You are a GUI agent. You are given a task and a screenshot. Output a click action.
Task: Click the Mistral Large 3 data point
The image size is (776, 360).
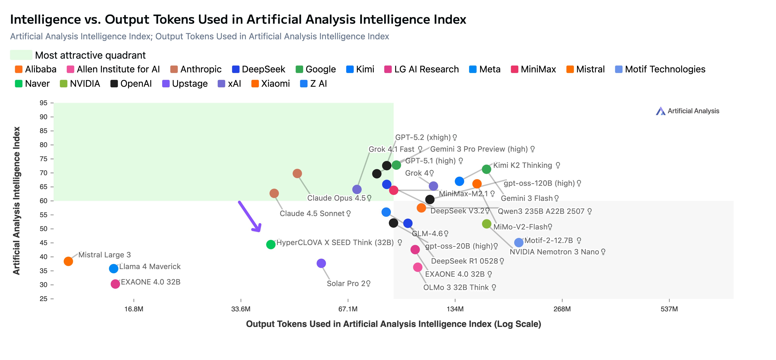[x=68, y=261]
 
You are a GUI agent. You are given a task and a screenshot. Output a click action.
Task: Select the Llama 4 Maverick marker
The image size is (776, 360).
[x=113, y=268]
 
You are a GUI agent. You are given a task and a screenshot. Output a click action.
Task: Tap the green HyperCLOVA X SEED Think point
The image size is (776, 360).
[x=271, y=244]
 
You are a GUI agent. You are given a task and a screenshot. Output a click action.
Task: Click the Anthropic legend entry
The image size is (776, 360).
[x=196, y=69]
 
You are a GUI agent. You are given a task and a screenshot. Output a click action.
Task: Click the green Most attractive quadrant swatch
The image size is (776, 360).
[x=21, y=55]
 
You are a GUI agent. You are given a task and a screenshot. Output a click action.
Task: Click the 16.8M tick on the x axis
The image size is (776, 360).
[x=134, y=309]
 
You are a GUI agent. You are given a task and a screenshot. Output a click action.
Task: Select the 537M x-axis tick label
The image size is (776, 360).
[x=669, y=309]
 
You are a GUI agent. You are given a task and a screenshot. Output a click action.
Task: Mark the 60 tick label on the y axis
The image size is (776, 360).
[x=44, y=201]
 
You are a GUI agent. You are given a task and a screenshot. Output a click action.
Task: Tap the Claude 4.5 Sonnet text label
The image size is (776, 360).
[x=312, y=214]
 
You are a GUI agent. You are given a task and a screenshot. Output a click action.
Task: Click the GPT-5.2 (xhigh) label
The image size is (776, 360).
[x=423, y=137]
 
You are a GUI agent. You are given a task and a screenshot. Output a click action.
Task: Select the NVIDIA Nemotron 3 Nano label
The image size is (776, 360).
[x=554, y=252]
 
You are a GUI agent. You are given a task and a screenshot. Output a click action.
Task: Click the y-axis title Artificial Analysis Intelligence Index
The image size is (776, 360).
[x=16, y=201]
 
